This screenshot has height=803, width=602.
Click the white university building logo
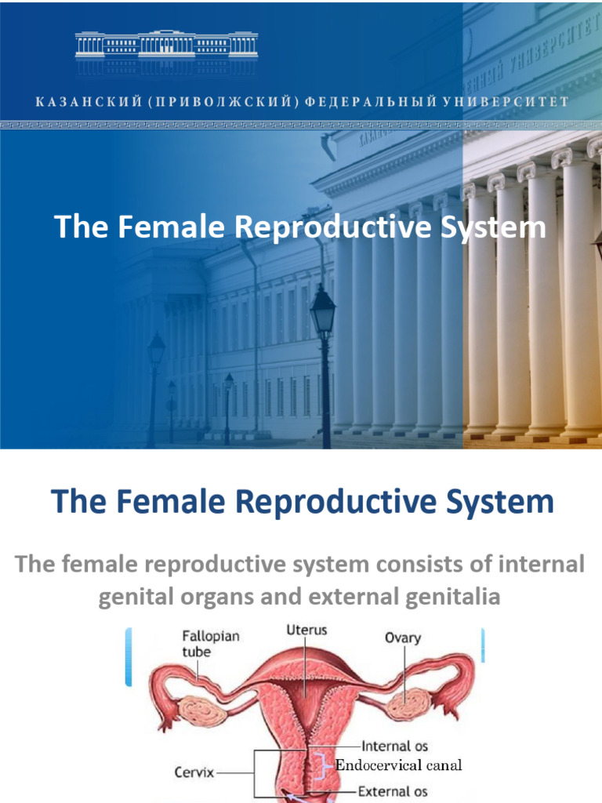coord(166,47)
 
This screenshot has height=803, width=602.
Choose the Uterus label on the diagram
coord(306,630)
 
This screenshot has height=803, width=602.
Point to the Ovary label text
coord(402,638)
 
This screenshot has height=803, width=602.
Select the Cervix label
coord(194,772)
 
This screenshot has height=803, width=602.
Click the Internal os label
coord(393,747)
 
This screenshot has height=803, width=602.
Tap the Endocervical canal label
coord(399,765)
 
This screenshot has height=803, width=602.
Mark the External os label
coord(393,791)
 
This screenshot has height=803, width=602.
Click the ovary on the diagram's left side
coord(203,710)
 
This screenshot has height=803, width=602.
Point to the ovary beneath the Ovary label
coord(408,704)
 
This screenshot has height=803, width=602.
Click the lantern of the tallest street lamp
coord(323,311)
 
